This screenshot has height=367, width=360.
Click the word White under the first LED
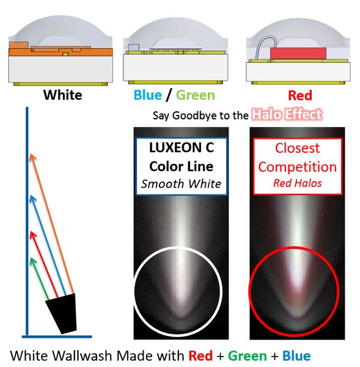63,95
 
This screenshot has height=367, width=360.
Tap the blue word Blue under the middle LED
147,95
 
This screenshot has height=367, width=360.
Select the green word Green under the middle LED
196,95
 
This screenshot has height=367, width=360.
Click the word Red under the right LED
300,95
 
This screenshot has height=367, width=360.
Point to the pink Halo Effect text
287,114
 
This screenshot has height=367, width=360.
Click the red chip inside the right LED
298,53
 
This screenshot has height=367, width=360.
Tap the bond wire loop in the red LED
266,47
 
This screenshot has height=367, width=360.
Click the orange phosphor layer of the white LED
61,52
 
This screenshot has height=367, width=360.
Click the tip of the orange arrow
31,154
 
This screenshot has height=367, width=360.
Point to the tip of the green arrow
31,258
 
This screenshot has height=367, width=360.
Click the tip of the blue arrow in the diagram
31,196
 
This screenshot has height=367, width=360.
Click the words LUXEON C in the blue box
182,147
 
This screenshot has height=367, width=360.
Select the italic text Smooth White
181,183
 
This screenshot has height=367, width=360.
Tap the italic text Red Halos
298,183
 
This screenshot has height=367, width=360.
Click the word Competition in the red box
297,167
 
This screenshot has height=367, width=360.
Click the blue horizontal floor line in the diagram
57,336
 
